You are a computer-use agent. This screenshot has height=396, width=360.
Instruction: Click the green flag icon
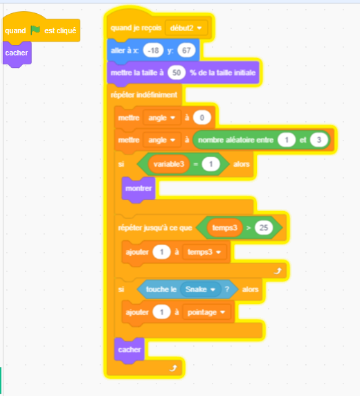[x=35, y=30]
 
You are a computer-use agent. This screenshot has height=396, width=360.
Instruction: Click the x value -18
[x=153, y=51]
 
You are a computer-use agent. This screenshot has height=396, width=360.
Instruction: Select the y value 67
[x=186, y=51]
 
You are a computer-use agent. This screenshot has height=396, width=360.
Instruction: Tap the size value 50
[x=177, y=73]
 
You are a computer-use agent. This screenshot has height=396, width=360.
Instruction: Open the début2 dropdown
[x=186, y=28]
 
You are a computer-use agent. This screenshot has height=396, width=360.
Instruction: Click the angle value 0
[x=202, y=118]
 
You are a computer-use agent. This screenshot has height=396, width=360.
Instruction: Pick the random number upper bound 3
[x=319, y=140]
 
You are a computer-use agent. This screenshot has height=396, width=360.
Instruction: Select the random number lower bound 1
[x=287, y=140]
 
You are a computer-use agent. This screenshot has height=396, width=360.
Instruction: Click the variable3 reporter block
[x=169, y=164]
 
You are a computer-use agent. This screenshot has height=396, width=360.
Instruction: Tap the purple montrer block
[x=138, y=189]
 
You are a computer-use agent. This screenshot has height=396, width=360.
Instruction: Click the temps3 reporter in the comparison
[x=224, y=228]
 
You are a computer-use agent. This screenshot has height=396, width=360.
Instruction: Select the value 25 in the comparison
[x=264, y=228]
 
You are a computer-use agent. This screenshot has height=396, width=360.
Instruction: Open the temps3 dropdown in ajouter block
[x=204, y=252]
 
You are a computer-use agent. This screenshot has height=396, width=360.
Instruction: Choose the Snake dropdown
[x=200, y=289]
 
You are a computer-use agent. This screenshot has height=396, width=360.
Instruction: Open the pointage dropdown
[x=206, y=312]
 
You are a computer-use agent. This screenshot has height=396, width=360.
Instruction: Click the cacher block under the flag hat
[x=17, y=53]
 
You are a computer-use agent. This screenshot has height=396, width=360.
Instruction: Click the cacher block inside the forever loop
[x=129, y=350]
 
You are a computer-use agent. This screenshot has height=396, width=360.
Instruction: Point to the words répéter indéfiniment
[x=144, y=95]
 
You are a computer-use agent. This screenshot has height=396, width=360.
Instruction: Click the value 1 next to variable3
[x=210, y=164]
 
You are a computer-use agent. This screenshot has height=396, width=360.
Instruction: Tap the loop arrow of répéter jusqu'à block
[x=278, y=271]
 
